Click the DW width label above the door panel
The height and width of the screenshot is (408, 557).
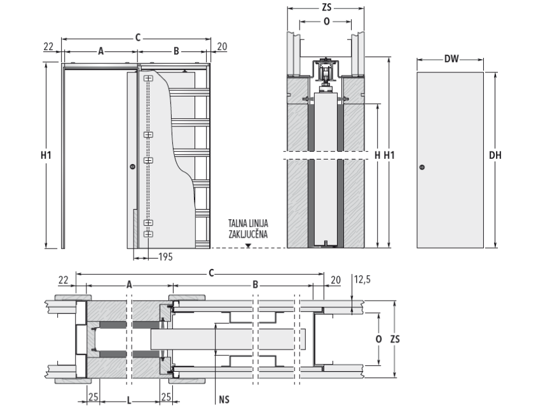tap(451, 60)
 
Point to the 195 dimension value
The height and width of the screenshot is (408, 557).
tap(165, 257)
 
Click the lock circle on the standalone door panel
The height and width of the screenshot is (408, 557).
tap(422, 168)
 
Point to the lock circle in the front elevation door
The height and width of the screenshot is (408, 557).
tap(132, 167)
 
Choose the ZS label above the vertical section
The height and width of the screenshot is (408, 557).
tap(325, 8)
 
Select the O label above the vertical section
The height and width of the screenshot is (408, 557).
tap(327, 21)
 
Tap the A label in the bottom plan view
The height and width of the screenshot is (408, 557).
tap(129, 285)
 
